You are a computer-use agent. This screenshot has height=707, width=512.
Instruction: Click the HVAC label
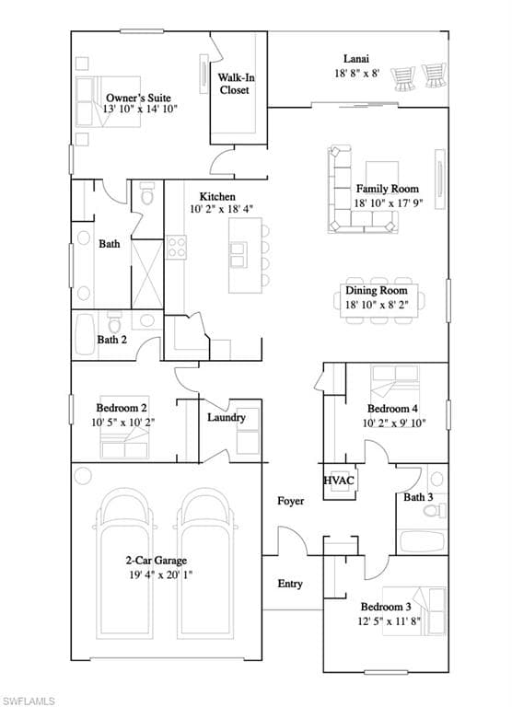[339, 481]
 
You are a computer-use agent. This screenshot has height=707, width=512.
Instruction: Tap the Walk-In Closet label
[236, 84]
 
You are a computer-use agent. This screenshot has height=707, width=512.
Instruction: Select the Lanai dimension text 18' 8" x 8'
[356, 73]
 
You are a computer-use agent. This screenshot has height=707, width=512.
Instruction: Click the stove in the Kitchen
[177, 247]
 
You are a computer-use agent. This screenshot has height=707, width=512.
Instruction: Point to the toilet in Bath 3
[435, 511]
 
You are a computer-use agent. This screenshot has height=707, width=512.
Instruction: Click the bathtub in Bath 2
[85, 334]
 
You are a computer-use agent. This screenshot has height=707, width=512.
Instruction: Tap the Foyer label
[290, 501]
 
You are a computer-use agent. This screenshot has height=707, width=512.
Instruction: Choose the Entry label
[289, 584]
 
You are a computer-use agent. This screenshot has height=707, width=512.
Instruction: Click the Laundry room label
[227, 418]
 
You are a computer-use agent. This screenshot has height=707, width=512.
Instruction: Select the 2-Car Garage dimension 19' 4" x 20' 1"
[161, 574]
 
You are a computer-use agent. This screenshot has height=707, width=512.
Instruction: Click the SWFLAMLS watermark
[28, 701]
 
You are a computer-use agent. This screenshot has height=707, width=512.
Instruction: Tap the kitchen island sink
[238, 255]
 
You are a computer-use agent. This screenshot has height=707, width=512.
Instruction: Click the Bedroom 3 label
[386, 607]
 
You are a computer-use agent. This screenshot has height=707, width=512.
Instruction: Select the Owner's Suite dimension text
[140, 109]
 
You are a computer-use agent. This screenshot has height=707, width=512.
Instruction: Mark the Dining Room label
[377, 290]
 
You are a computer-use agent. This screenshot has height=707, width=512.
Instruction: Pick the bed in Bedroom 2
[124, 443]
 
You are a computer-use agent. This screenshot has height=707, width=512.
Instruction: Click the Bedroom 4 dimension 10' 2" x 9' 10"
[394, 423]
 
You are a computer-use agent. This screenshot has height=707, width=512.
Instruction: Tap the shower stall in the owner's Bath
[147, 274]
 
